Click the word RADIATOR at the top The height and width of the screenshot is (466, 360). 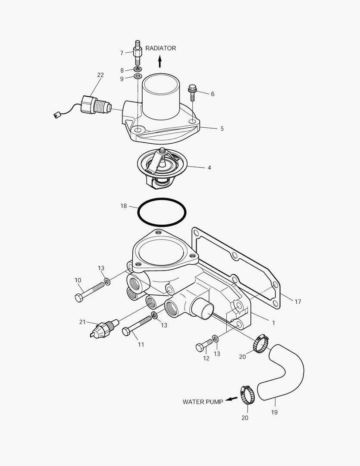tap(160, 48)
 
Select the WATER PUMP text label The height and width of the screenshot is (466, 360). tap(203, 402)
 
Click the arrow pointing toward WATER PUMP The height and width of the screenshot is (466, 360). tap(232, 399)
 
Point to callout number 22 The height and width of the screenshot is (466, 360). tap(100, 75)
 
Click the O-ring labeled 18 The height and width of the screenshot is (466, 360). tap(162, 212)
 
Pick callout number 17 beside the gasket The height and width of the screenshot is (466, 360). tap(297, 302)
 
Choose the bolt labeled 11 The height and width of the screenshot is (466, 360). tap(138, 326)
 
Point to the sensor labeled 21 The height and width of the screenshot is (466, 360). tap(103, 328)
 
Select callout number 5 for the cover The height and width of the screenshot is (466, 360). tap(222, 129)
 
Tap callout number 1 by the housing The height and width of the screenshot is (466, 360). tap(273, 322)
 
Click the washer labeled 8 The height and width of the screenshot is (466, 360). tap(138, 69)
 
